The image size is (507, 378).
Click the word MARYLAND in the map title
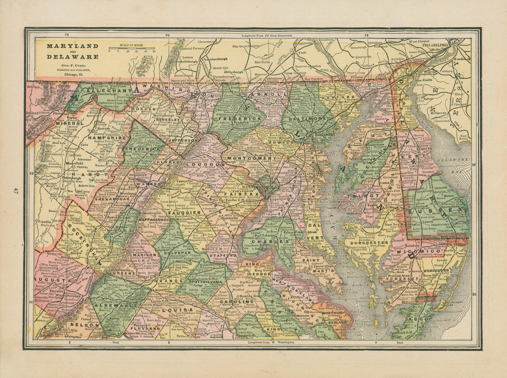pos(68,46)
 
